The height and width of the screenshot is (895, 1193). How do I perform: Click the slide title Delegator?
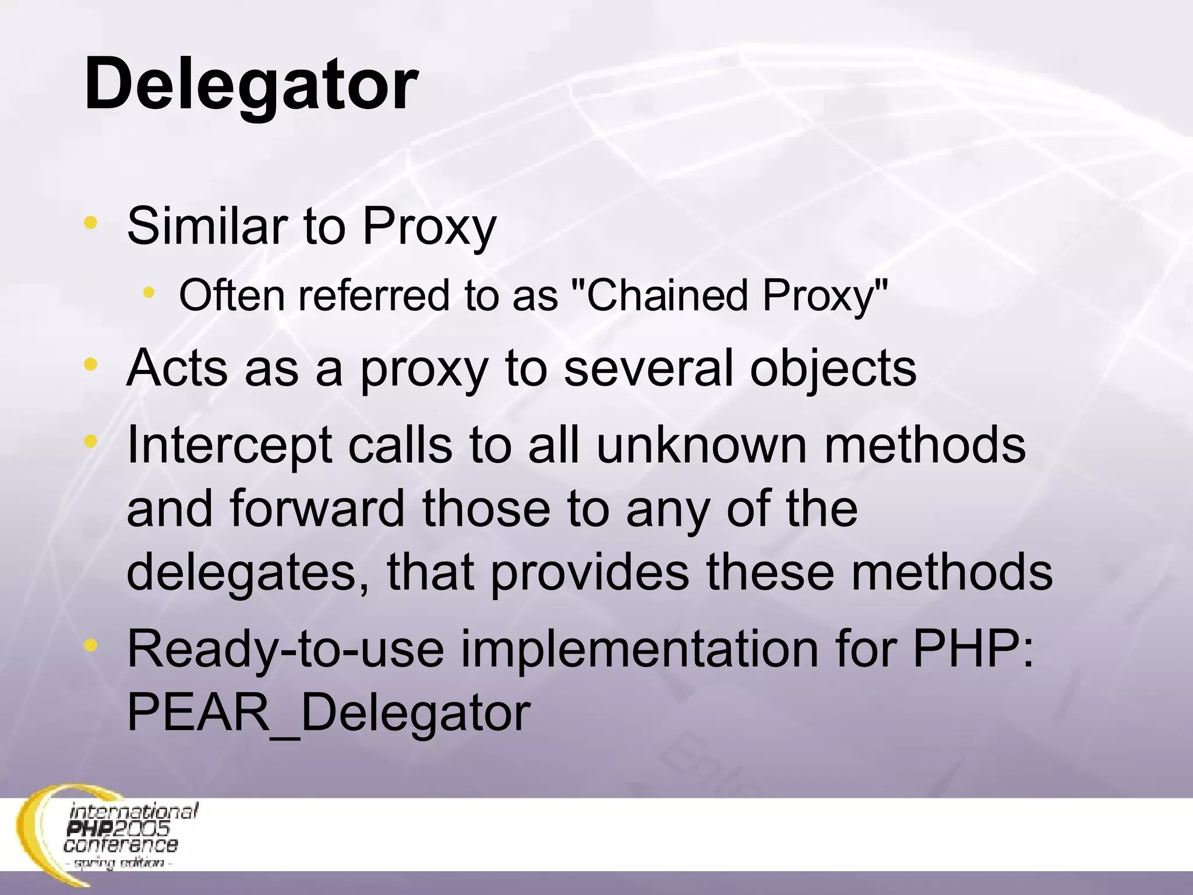coord(250,85)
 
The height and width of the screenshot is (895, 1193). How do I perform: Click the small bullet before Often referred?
coord(150,292)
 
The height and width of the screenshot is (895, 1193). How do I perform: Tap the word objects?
coord(833,370)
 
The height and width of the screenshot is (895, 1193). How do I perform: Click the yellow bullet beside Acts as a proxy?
coord(90,365)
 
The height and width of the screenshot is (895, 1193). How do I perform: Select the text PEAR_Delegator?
coord(329,713)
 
